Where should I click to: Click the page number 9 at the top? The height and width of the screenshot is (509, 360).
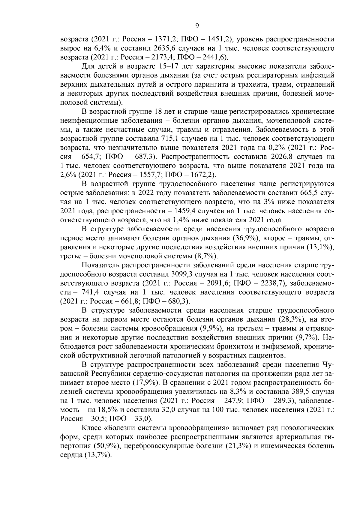(x=197, y=26)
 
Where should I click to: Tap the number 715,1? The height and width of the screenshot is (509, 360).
(x=169, y=139)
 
